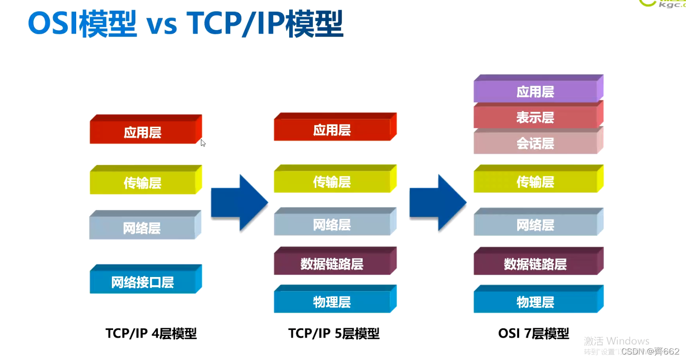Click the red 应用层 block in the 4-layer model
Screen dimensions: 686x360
click(x=143, y=132)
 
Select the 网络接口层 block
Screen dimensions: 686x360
click(x=143, y=282)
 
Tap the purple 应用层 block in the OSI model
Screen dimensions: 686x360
click(x=535, y=92)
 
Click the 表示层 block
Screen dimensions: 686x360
click(x=535, y=118)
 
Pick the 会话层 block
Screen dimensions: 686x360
click(x=535, y=144)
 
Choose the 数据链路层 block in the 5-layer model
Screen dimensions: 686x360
click(x=332, y=264)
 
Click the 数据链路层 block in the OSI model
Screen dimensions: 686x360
click(x=535, y=264)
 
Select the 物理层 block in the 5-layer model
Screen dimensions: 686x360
click(x=332, y=302)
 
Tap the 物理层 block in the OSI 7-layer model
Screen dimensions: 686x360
click(x=535, y=302)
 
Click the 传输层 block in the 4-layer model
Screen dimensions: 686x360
click(x=143, y=183)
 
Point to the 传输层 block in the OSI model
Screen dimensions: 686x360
click(x=535, y=182)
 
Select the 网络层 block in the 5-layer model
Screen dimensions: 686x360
click(x=332, y=224)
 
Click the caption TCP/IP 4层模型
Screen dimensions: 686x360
click(x=151, y=334)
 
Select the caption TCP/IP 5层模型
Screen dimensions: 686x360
click(x=334, y=334)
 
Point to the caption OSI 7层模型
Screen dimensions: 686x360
click(x=534, y=334)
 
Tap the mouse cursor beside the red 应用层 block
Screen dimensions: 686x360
click(x=203, y=143)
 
